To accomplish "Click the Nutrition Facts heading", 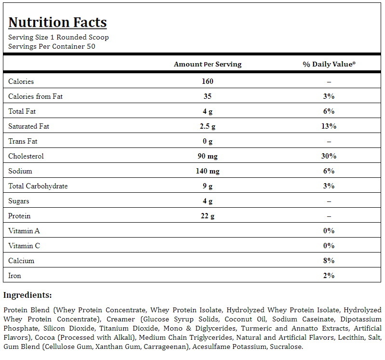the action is pos(57,23).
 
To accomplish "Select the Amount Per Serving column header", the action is pos(208,64).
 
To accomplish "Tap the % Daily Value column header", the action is pos(329,64).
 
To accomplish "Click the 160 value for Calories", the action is pos(208,81).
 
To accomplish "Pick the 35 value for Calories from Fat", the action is pos(208,96).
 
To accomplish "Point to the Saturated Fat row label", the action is pos(29,126).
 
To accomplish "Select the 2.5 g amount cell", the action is pos(208,126).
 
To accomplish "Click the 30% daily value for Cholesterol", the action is pos(329,156).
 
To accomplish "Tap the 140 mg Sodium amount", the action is pos(208,171).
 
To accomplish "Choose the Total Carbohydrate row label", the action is pos(38,186).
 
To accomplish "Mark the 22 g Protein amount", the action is pos(208,216).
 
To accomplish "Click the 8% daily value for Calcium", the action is pos(329,261).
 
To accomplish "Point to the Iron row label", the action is pos(14,276).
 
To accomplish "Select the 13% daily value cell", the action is pos(329,126).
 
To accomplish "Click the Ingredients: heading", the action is pos(27,295).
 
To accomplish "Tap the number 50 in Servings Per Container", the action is pos(91,46).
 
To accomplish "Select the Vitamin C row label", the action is pos(24,246).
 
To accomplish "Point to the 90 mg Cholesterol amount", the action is pos(208,156).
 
